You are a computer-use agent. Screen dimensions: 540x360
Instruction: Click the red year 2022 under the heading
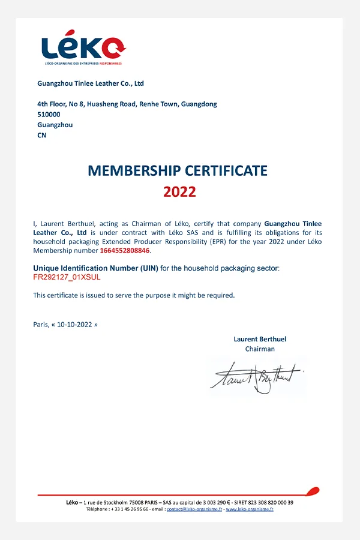click(x=179, y=192)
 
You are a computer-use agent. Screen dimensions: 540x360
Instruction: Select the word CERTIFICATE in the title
click(x=223, y=170)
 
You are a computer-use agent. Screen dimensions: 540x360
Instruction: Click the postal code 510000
click(x=49, y=115)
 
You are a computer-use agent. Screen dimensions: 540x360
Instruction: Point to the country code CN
click(x=42, y=135)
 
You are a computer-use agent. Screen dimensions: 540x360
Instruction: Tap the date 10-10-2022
click(x=75, y=324)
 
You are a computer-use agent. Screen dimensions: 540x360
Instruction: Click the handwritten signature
click(x=255, y=377)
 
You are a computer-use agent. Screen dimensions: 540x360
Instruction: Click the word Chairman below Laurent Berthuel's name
click(x=260, y=349)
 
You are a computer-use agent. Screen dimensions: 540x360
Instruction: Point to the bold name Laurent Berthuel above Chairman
click(x=260, y=339)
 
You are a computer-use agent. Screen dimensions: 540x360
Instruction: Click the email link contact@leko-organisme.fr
click(x=194, y=509)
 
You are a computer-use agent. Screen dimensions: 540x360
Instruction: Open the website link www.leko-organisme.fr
click(x=250, y=509)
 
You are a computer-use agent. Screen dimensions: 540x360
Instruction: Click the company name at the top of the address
click(x=91, y=83)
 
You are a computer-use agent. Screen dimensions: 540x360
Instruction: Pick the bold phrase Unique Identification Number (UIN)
click(x=95, y=268)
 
